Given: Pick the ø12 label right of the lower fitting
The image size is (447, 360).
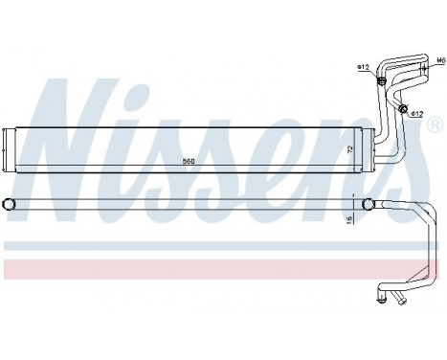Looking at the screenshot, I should (418, 115).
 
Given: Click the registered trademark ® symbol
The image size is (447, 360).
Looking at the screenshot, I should (433, 125).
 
